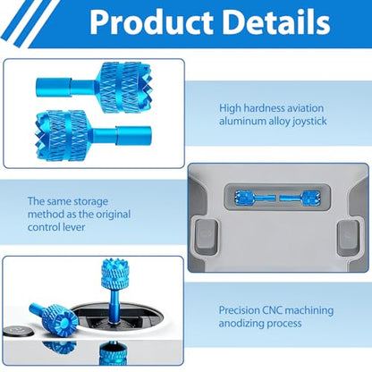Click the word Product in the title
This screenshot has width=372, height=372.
151,22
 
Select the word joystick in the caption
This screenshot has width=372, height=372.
309,122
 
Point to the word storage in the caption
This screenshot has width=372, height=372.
90,202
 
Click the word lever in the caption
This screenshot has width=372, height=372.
74,227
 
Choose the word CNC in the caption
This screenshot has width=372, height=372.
272,310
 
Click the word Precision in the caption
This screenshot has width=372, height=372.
239,310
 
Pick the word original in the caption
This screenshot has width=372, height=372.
114,214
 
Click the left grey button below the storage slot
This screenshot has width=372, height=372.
207,237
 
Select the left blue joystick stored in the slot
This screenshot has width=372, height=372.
255,198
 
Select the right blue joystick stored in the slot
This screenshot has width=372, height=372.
300,198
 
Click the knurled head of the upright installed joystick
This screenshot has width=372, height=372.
114,275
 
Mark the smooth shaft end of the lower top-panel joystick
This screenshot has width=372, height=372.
133,136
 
